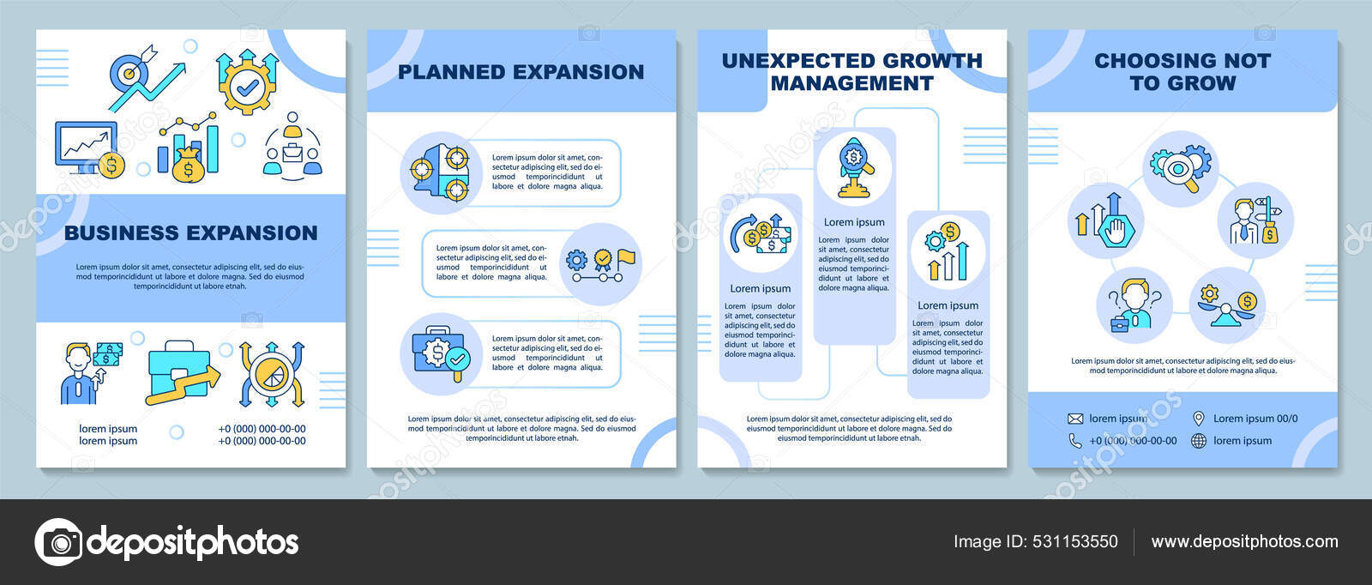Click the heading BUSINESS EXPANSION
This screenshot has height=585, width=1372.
(190, 232)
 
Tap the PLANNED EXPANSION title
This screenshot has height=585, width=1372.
(521, 72)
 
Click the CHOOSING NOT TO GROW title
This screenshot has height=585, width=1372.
(1182, 72)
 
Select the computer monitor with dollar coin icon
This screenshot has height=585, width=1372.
(88, 149)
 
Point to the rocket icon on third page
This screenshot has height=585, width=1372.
(853, 166)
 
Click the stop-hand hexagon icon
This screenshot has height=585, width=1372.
(1105, 220)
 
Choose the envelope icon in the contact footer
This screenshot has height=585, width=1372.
(1075, 419)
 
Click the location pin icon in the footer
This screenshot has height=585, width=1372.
(1199, 419)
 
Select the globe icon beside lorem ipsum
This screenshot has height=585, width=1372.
(1199, 441)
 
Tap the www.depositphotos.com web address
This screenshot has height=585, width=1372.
(1244, 541)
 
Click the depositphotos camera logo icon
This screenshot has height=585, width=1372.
(58, 542)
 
